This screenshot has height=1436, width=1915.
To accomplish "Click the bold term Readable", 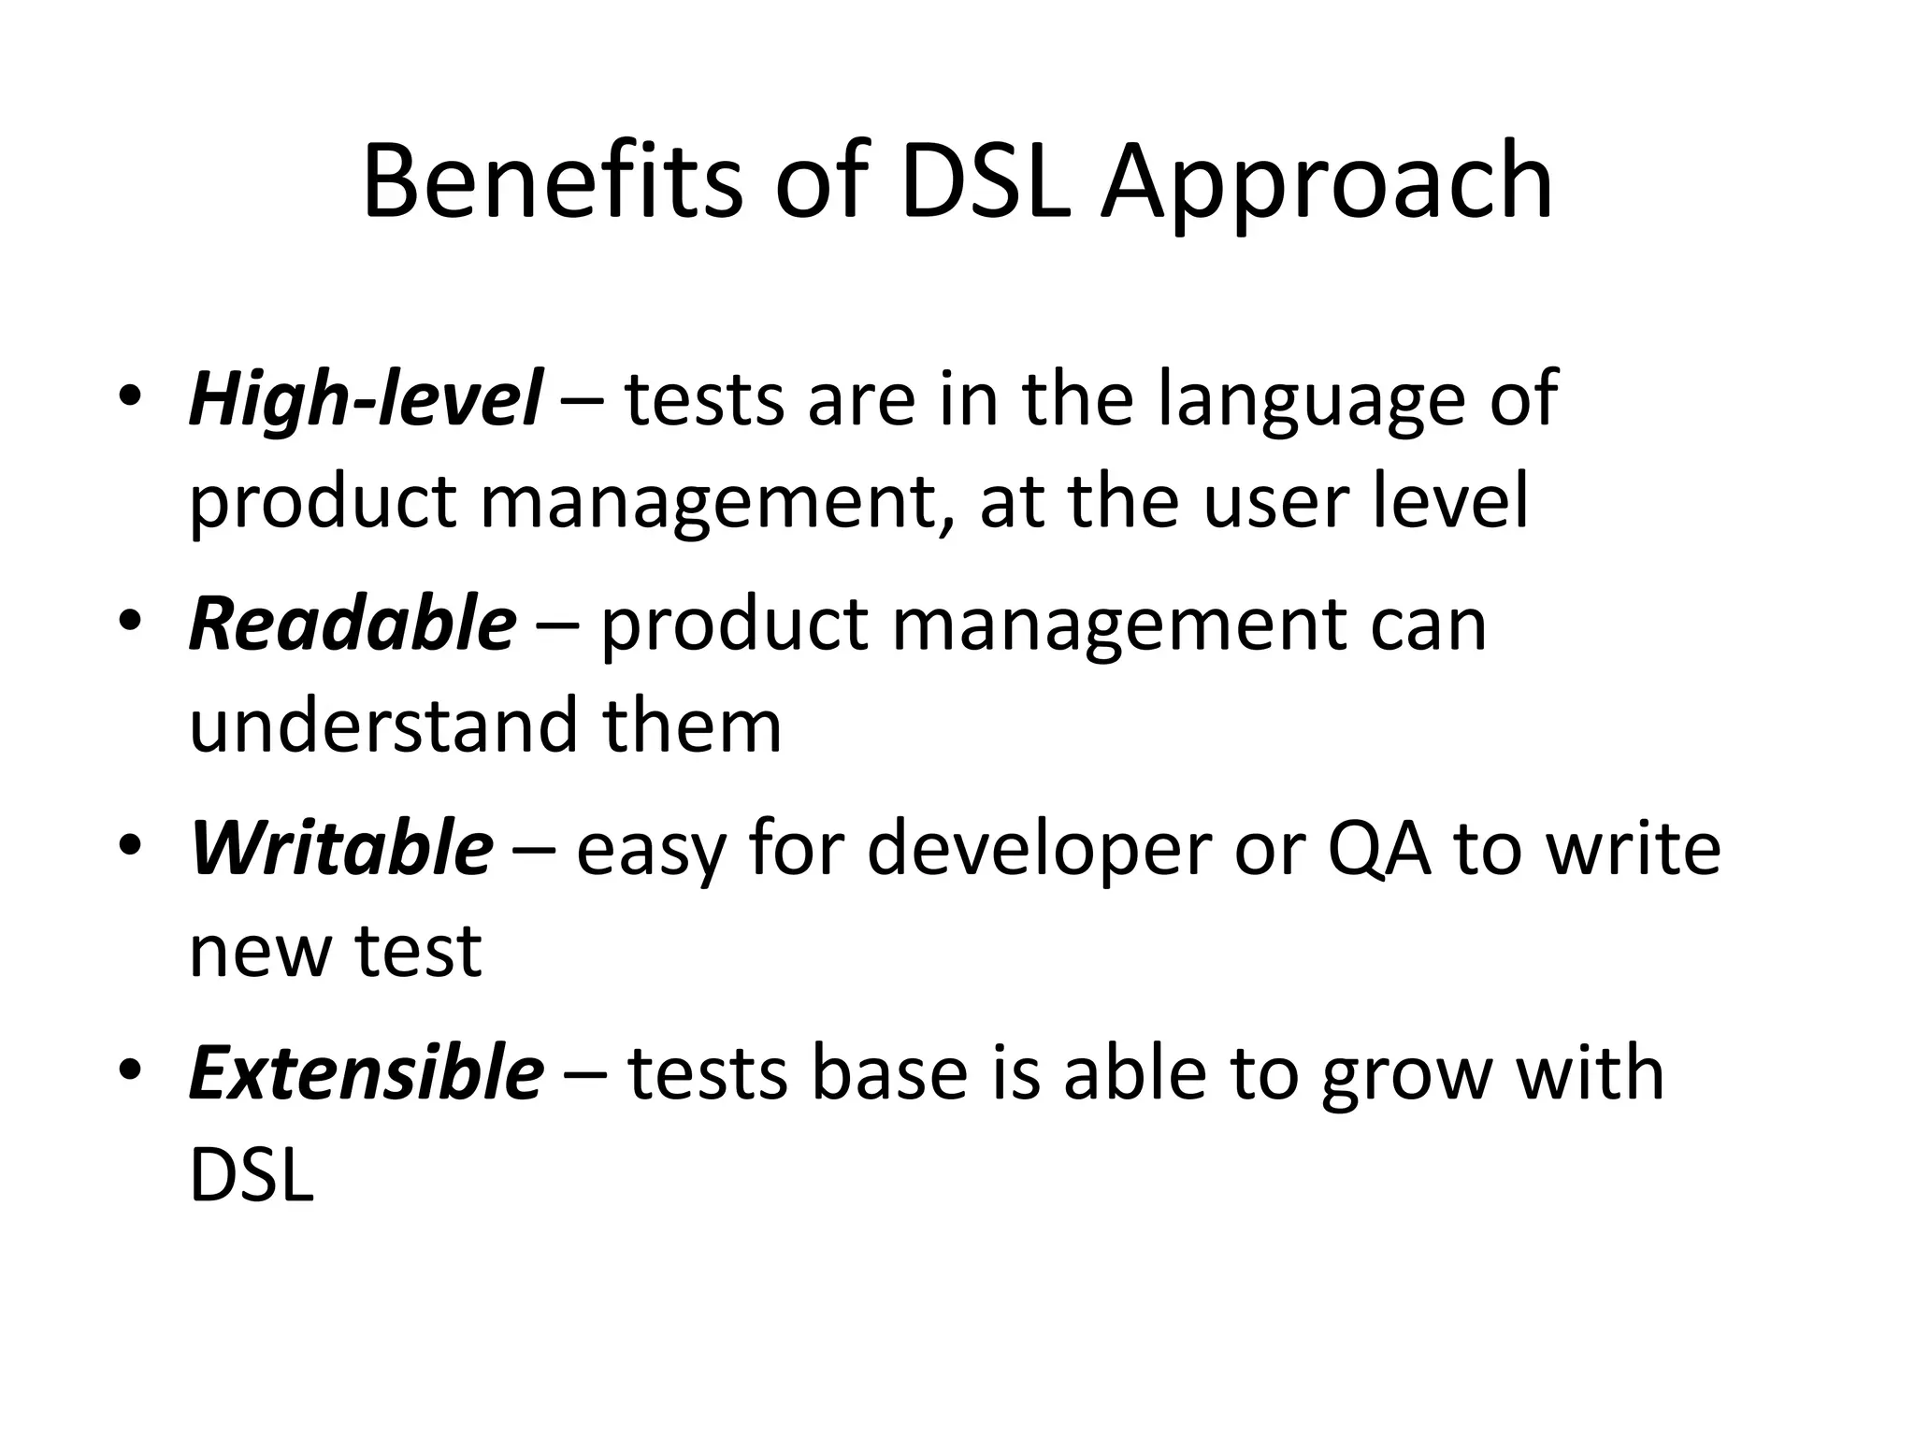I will tap(353, 624).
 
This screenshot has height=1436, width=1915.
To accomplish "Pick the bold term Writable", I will tap(341, 848).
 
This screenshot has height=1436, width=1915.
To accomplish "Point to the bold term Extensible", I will tap(366, 1071).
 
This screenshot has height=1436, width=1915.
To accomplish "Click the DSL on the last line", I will tap(251, 1174).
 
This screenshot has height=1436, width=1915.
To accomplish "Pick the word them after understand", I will tap(692, 725).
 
